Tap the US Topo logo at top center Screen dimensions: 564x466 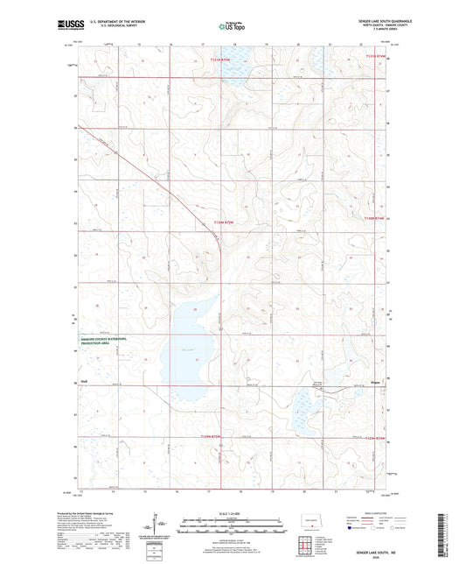[x=231, y=26]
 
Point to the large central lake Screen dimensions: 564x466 [x=186, y=346]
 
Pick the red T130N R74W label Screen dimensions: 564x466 [x=373, y=219]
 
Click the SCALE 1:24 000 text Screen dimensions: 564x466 [x=232, y=512]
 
